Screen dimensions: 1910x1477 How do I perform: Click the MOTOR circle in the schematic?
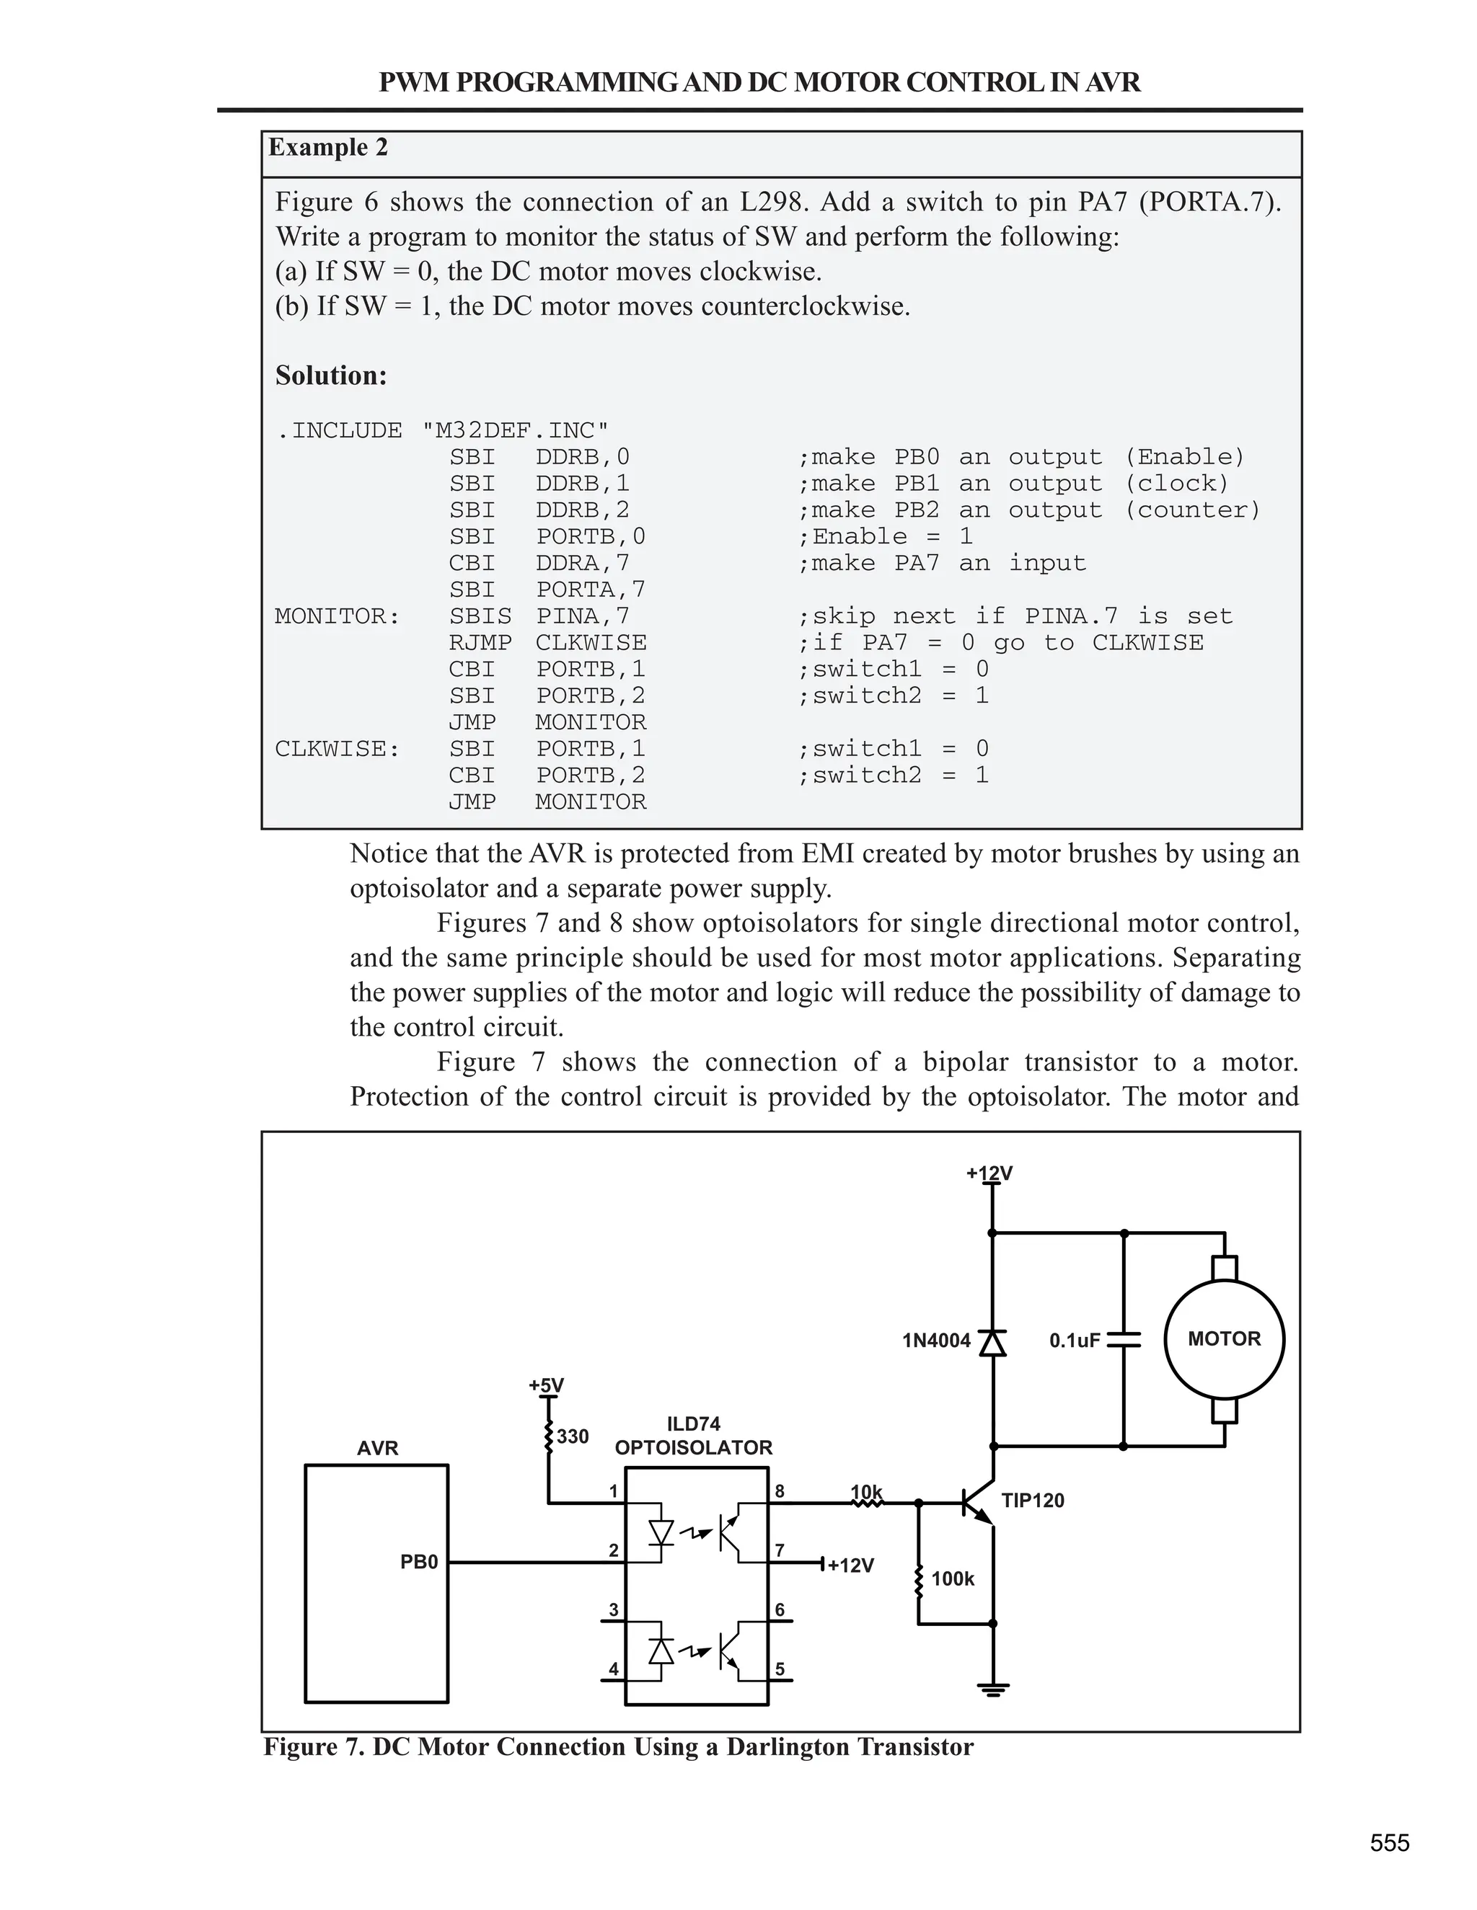click(1223, 1339)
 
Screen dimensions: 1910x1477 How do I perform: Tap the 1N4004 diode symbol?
click(992, 1341)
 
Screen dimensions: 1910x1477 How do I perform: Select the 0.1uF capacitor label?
click(1075, 1341)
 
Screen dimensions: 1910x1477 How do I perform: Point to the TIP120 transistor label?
click(1033, 1501)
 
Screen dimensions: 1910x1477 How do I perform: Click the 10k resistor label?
click(866, 1491)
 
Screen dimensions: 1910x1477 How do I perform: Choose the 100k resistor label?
click(952, 1578)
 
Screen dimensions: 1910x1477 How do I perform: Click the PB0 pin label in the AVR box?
click(418, 1562)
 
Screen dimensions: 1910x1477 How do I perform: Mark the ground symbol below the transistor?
click(992, 1689)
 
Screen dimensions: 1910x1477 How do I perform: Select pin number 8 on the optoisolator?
click(780, 1491)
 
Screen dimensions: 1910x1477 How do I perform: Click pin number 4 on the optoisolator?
click(614, 1669)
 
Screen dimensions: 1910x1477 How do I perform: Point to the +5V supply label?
click(546, 1385)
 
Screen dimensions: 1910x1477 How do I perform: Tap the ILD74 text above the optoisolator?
click(693, 1423)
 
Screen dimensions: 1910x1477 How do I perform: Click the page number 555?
click(1390, 1844)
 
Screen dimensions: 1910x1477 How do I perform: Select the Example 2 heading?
click(327, 147)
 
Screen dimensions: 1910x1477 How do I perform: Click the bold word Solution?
click(331, 376)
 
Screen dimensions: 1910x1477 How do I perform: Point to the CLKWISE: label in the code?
click(337, 749)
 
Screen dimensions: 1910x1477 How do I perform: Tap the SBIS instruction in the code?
click(480, 616)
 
